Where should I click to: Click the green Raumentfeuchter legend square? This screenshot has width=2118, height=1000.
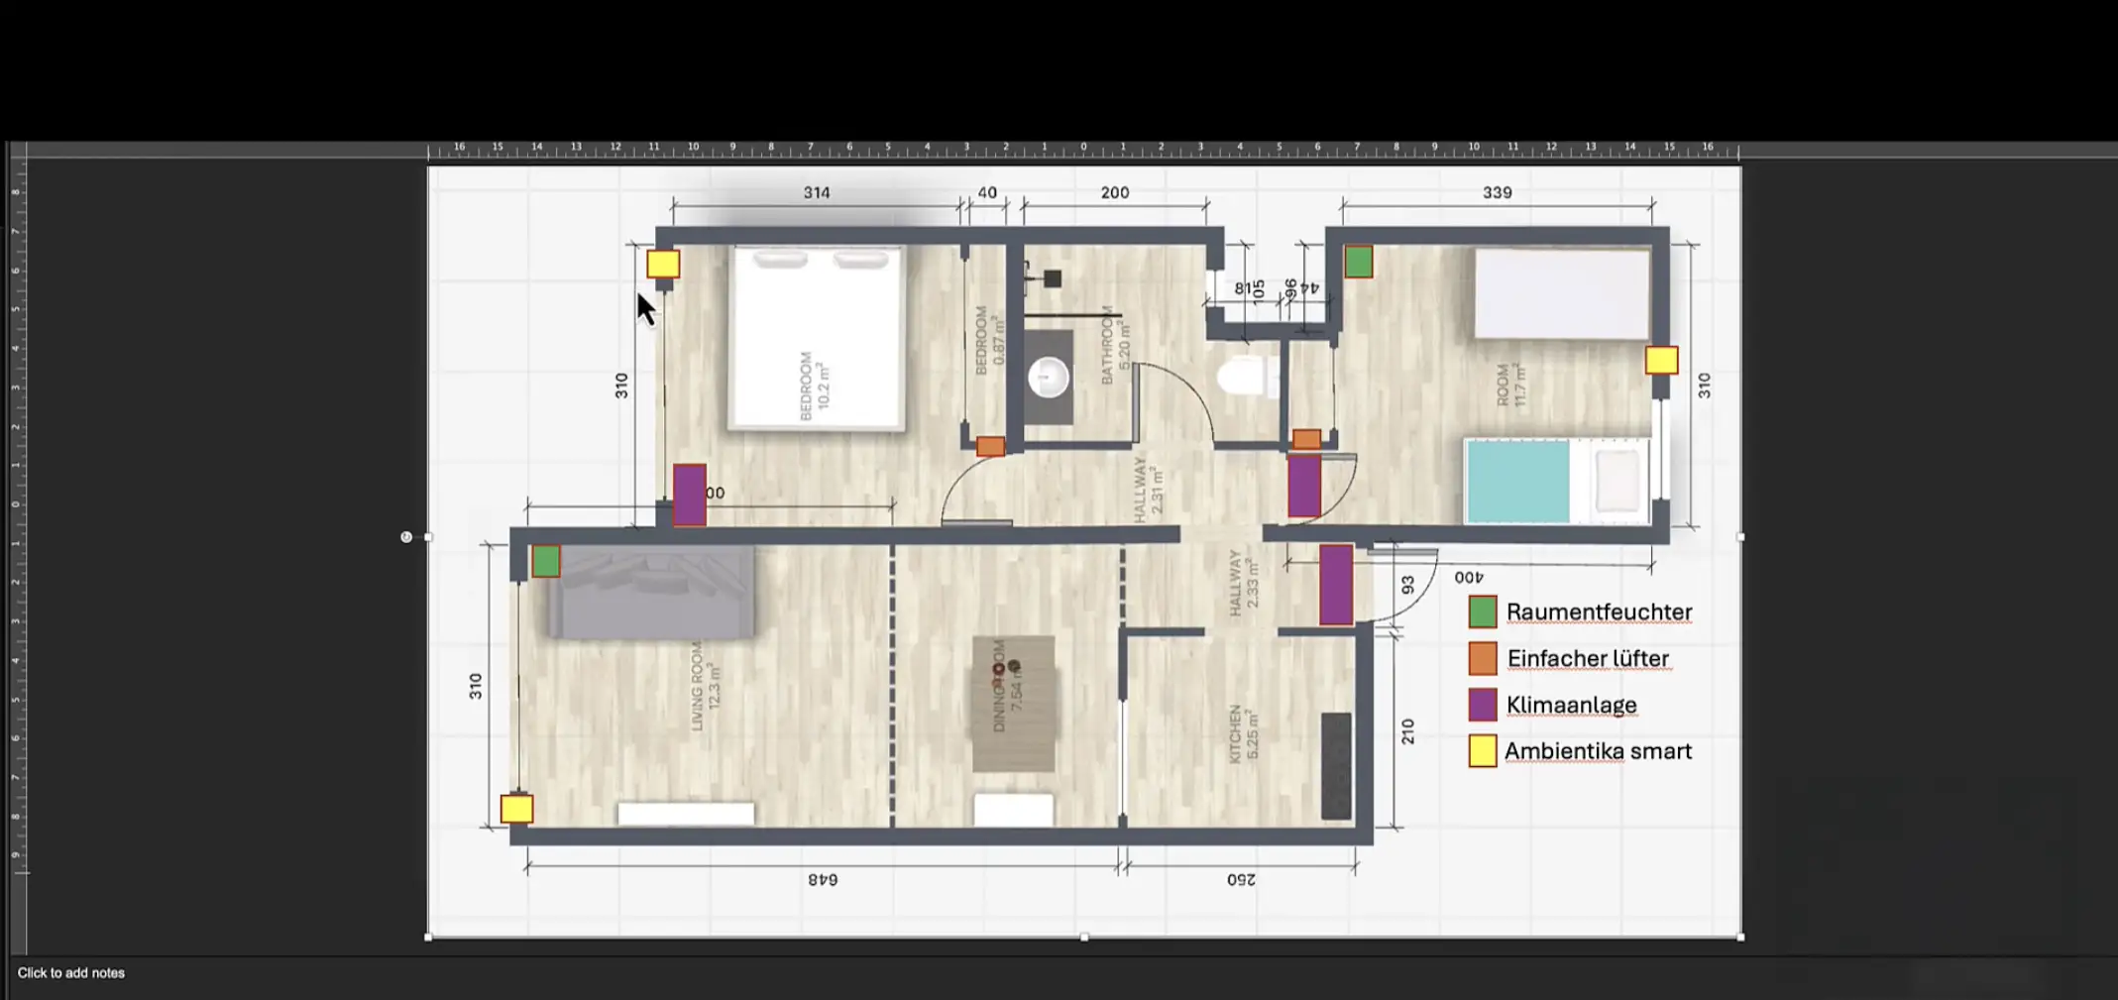1482,611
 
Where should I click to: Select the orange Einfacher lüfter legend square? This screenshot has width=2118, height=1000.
1482,658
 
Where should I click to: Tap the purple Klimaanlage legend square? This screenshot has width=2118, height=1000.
1482,705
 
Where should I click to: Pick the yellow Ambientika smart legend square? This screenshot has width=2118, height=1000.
1482,751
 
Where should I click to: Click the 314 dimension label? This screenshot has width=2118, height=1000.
816,192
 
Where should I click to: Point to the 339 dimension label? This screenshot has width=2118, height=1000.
1497,192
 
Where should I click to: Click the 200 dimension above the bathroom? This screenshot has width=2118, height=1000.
1114,192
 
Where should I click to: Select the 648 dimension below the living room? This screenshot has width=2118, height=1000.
823,879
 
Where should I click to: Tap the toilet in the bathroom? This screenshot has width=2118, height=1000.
1245,378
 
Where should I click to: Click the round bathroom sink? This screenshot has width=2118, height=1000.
1048,378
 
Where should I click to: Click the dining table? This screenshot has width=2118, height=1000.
1013,703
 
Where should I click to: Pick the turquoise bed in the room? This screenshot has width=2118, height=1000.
1517,482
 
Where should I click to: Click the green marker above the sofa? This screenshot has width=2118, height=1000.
545,561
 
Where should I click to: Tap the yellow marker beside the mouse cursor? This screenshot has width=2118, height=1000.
663,264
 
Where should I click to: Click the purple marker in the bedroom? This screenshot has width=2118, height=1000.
689,494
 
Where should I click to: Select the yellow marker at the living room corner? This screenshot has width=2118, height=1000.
516,809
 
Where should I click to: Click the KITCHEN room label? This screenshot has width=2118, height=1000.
1235,733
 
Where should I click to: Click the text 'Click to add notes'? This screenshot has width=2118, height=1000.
71,973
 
